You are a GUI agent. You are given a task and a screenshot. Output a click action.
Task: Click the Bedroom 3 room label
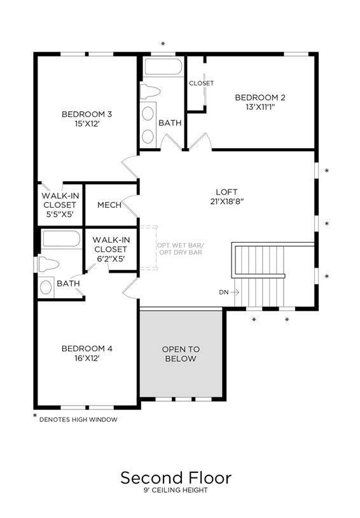coord(87,114)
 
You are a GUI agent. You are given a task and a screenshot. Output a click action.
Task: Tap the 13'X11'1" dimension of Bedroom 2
coord(261,107)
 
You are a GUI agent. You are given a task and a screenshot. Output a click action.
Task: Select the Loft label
coord(227,192)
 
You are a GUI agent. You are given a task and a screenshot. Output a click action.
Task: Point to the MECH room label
coord(109,205)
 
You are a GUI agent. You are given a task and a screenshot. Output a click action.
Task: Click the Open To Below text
coord(181,354)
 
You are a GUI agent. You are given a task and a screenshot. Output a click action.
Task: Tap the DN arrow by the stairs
coord(235,292)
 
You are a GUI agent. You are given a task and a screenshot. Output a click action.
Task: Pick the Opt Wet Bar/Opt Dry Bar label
coord(181,249)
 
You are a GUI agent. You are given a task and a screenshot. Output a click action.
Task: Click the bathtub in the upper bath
coord(163,67)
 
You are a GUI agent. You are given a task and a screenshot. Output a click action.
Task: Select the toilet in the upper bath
coord(150,92)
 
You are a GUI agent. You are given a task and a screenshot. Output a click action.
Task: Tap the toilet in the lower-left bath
coord(48,264)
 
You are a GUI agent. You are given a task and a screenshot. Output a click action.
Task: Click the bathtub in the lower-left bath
coord(62,239)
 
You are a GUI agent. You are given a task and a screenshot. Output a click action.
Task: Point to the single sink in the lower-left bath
coord(46,287)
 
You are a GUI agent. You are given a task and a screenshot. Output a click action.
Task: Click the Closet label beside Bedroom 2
coord(202,83)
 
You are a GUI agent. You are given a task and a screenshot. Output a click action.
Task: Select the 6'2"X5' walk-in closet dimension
coord(111,259)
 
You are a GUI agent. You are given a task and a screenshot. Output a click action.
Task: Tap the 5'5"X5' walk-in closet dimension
coord(60,214)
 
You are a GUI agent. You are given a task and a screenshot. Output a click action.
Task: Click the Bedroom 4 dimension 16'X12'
coord(87,358)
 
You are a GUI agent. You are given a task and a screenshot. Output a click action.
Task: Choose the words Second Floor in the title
coord(176,478)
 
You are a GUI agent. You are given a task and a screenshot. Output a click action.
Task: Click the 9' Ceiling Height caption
coord(176,490)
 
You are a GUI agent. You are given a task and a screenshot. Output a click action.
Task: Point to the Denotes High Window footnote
coord(78,419)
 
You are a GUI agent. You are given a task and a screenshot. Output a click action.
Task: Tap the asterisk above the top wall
coord(163,44)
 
